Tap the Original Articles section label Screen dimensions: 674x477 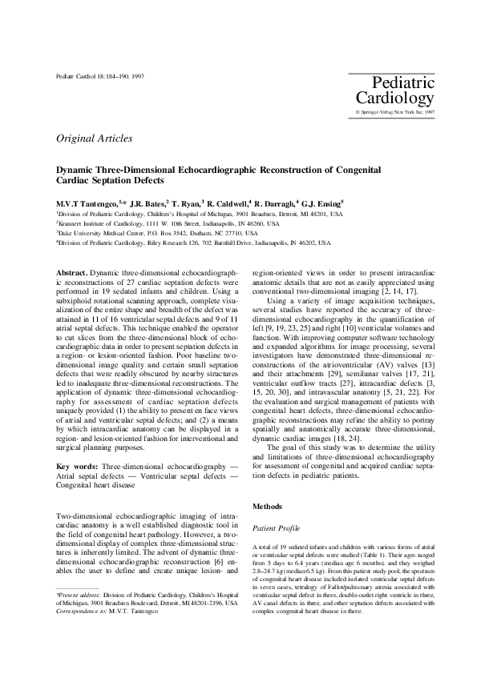click(95, 138)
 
